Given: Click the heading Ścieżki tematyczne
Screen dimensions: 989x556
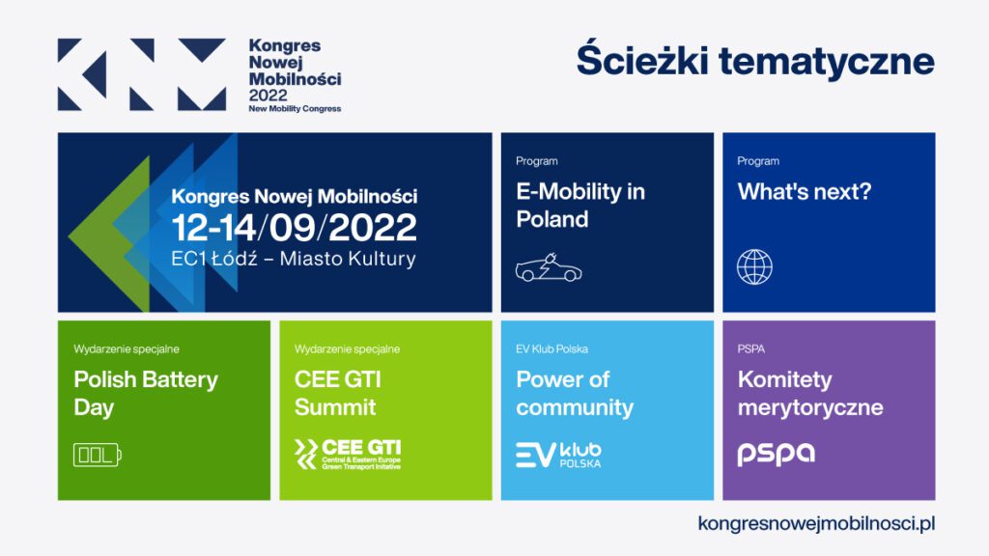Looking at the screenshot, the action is pos(755,61).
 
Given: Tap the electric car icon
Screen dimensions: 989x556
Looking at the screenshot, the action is pos(549,267).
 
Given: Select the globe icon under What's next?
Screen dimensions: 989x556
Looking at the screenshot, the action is pos(754,266).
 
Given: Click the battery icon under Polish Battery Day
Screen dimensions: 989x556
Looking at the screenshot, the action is pos(98,455).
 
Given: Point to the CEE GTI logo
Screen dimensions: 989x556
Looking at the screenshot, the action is pos(348,455).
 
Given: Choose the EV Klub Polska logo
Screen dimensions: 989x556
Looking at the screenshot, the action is pos(558,455).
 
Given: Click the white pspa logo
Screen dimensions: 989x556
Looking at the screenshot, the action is pos(776,454).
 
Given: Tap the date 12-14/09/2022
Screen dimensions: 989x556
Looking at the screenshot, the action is pos(294,228).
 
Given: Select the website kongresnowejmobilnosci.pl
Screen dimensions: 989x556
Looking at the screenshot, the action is pos(816,523).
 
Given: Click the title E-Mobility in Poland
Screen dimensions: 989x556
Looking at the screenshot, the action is pos(580,205).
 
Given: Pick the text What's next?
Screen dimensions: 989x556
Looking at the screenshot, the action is pos(805,191).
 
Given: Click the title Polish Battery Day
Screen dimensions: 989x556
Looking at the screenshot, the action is pos(146,393).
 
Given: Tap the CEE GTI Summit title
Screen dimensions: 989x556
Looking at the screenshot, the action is pos(337,393).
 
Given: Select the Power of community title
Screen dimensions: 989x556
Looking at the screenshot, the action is pos(575,394).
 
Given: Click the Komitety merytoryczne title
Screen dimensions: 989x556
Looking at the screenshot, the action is pos(810,394).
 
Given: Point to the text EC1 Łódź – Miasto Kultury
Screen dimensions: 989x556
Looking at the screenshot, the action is pos(294,259).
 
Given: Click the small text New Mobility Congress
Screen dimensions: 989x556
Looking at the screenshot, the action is pos(295,108).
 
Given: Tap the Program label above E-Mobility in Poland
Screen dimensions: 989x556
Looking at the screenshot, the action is pos(537,161).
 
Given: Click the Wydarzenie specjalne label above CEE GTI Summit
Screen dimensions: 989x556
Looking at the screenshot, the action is pos(347,348).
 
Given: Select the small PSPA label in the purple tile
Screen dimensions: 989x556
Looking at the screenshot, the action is pos(750,348).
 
